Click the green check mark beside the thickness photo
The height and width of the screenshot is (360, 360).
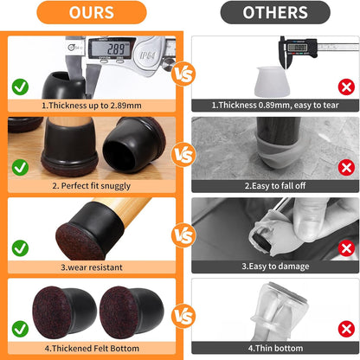pyautogui.click(x=20, y=87)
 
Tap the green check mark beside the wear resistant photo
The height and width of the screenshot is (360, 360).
pyautogui.click(x=20, y=247)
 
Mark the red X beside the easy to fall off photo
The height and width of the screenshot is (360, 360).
pyautogui.click(x=344, y=166)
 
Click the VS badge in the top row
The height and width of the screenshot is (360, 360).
pyautogui.click(x=180, y=74)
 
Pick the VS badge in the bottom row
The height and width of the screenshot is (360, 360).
pyautogui.click(x=180, y=315)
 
